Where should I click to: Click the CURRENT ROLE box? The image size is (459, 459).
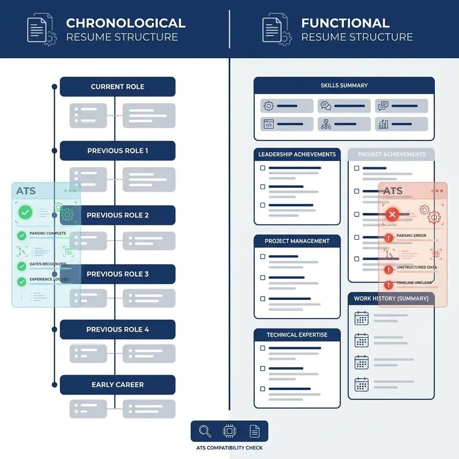click(117, 87)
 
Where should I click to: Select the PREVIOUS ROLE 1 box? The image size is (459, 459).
click(117, 151)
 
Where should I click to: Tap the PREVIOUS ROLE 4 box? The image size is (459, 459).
click(117, 329)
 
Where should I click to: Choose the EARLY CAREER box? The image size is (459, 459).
click(117, 385)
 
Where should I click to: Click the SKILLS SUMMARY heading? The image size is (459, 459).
click(344, 85)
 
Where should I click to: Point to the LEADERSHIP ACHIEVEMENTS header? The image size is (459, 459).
click(297, 154)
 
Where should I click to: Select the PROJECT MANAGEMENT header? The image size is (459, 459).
click(297, 241)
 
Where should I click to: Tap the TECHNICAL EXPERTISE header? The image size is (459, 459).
click(297, 335)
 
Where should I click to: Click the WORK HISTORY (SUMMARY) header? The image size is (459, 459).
click(391, 299)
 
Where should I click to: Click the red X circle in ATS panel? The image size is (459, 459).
click(392, 215)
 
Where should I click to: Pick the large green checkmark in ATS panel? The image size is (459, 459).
click(25, 212)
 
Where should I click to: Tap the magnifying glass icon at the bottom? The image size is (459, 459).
click(205, 431)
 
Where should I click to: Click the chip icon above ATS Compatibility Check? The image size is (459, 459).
click(229, 431)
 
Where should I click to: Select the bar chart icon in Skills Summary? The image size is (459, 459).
click(383, 124)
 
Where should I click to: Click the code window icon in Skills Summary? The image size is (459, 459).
click(268, 124)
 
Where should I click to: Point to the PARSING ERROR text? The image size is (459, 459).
click(411, 236)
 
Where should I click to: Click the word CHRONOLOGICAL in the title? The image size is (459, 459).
click(126, 23)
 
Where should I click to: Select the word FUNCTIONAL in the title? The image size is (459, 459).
click(345, 23)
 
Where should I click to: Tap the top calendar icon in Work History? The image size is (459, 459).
click(361, 318)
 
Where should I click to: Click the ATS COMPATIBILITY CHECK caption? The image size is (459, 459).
click(229, 448)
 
